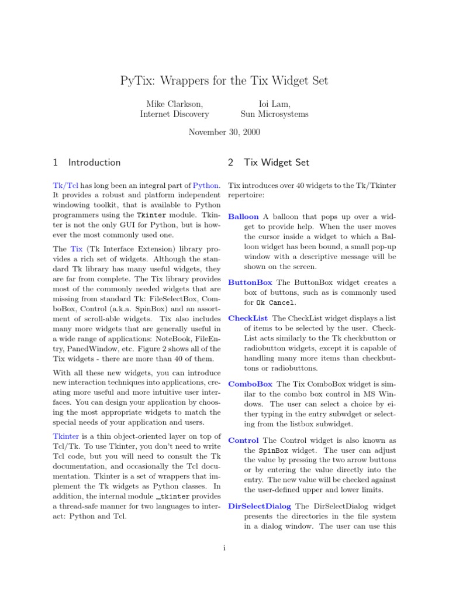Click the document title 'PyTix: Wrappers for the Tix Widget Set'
(x=224, y=81)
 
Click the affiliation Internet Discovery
(x=174, y=115)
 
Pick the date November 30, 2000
(x=224, y=132)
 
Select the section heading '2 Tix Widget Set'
(x=268, y=163)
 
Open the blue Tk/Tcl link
(x=65, y=185)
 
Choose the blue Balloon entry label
(x=243, y=216)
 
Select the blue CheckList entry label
(x=248, y=318)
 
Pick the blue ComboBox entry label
(x=250, y=384)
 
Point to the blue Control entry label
(x=243, y=440)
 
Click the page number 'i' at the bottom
(x=224, y=548)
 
